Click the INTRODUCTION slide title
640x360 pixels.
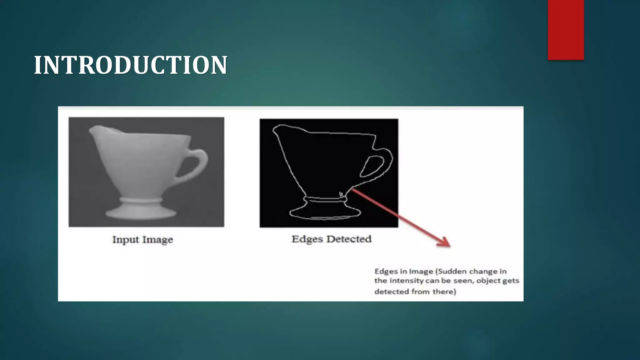click(x=131, y=65)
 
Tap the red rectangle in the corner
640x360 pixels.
click(x=566, y=30)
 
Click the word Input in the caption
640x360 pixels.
click(x=125, y=240)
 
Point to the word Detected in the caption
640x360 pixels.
click(x=349, y=239)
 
